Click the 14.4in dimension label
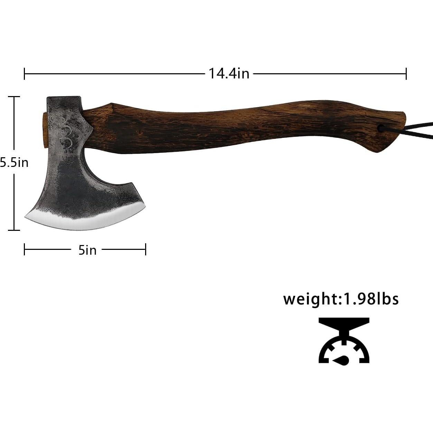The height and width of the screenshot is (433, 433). (x=229, y=74)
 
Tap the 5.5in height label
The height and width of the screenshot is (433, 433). (x=14, y=162)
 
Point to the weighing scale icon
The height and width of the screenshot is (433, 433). (x=344, y=343)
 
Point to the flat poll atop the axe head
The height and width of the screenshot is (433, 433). (x=63, y=97)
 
